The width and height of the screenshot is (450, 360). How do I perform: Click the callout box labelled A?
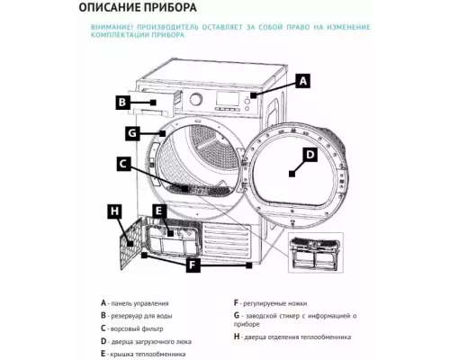coord(303,81)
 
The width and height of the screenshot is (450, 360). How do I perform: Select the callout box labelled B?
coord(122,103)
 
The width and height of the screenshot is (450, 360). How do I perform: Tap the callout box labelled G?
coord(131,134)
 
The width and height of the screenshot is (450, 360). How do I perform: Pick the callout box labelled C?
coord(124,165)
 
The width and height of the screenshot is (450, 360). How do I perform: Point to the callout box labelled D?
coord(309,155)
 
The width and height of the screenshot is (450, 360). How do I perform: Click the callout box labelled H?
coord(113,211)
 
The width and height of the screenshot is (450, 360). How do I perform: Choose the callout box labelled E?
coord(158,211)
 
